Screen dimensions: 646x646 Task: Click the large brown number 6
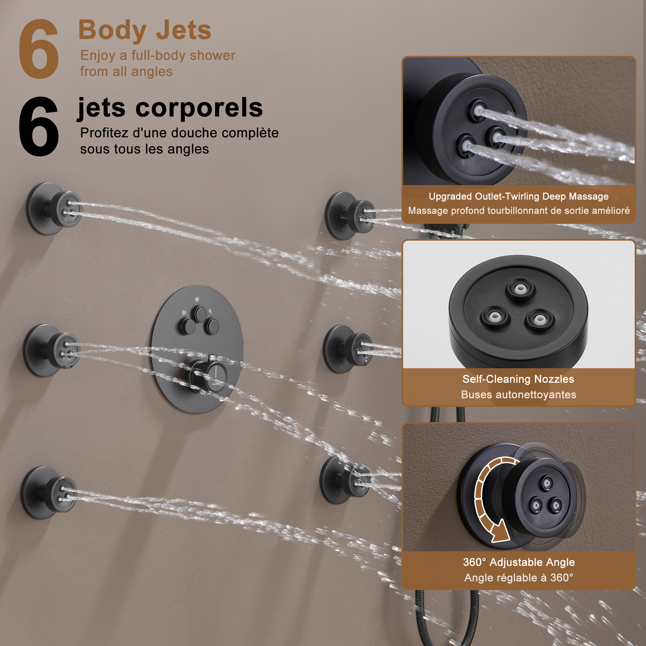[x=38, y=49]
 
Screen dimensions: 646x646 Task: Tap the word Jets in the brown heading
[x=183, y=30]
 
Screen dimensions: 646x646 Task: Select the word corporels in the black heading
[x=199, y=108]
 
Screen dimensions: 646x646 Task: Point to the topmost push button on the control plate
[x=201, y=314]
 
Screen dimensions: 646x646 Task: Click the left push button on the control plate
[x=186, y=326]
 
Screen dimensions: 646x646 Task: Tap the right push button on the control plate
[x=212, y=326]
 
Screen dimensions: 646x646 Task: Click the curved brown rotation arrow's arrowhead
[x=500, y=533]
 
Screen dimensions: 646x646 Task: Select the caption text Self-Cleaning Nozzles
[x=518, y=379]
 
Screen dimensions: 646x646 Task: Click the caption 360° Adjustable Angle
[x=519, y=562]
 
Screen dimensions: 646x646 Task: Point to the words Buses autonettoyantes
[x=519, y=395]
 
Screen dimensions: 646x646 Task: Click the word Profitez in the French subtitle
[x=104, y=133]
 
